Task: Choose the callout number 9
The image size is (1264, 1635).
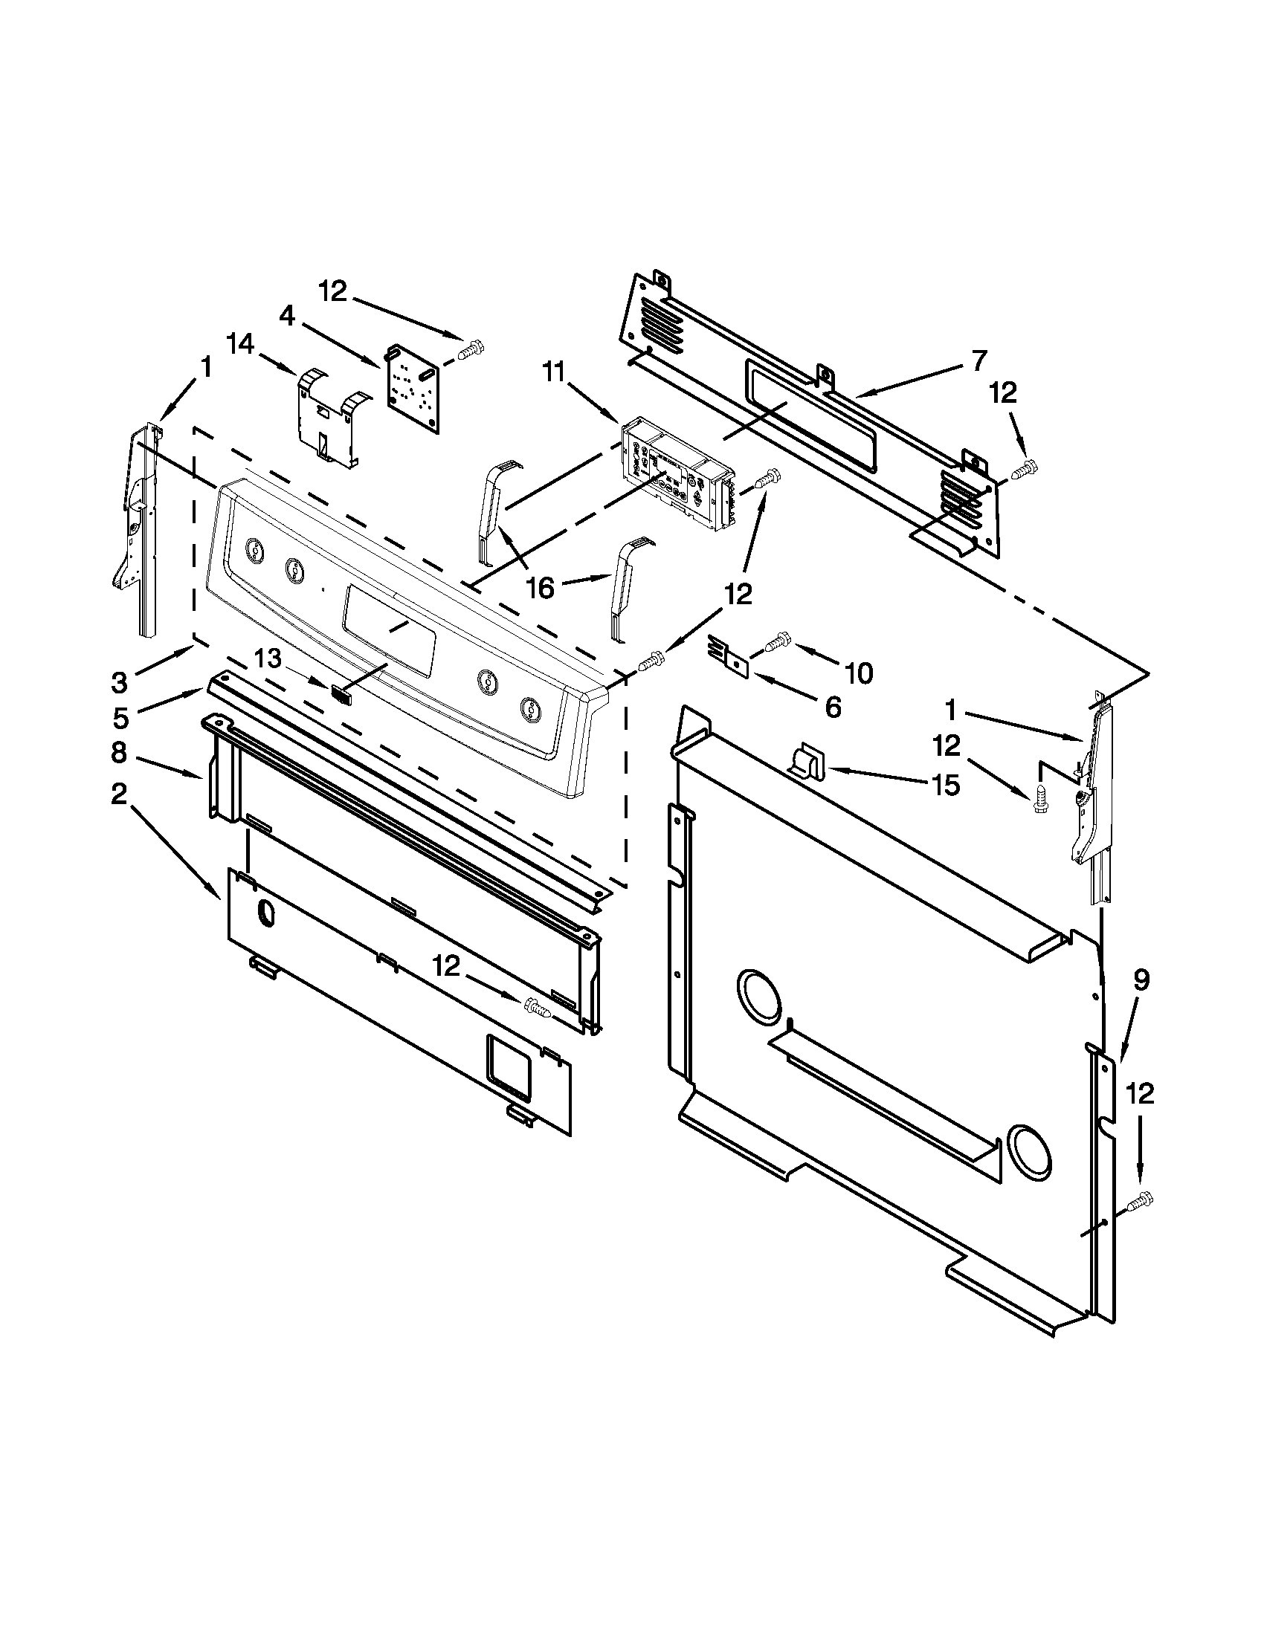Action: (1140, 980)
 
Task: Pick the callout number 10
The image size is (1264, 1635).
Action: (858, 674)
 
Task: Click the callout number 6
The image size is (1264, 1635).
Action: (833, 707)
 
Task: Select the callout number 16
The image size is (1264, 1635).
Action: (540, 588)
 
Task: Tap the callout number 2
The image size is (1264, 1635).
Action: (119, 794)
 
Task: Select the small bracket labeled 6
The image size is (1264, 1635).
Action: (729, 654)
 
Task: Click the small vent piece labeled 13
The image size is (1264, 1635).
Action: (342, 693)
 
